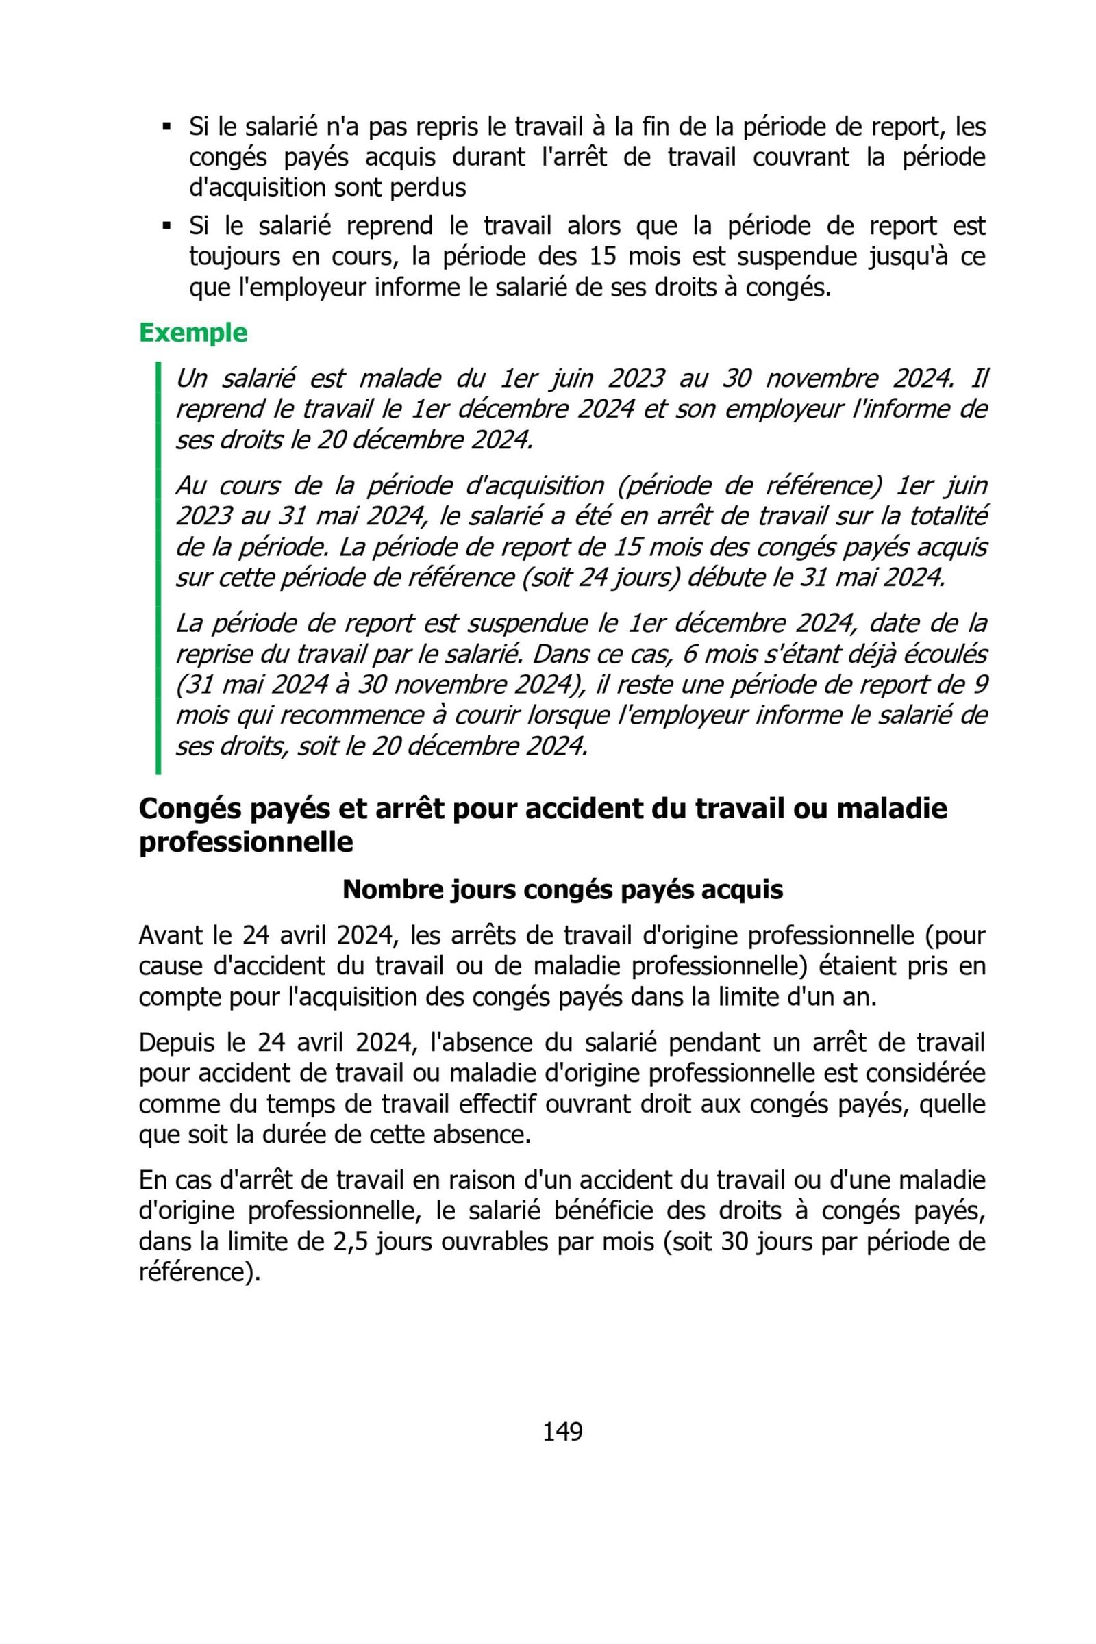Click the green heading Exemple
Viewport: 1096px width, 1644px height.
(x=193, y=333)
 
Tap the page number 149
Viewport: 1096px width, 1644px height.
(x=562, y=1432)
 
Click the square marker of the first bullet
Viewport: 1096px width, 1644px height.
(x=166, y=127)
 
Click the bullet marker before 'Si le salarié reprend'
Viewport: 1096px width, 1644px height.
(x=166, y=227)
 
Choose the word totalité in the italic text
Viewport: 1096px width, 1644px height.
(x=948, y=516)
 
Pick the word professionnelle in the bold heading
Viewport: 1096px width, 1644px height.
(x=246, y=842)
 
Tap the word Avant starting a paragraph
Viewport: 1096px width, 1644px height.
(x=173, y=935)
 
